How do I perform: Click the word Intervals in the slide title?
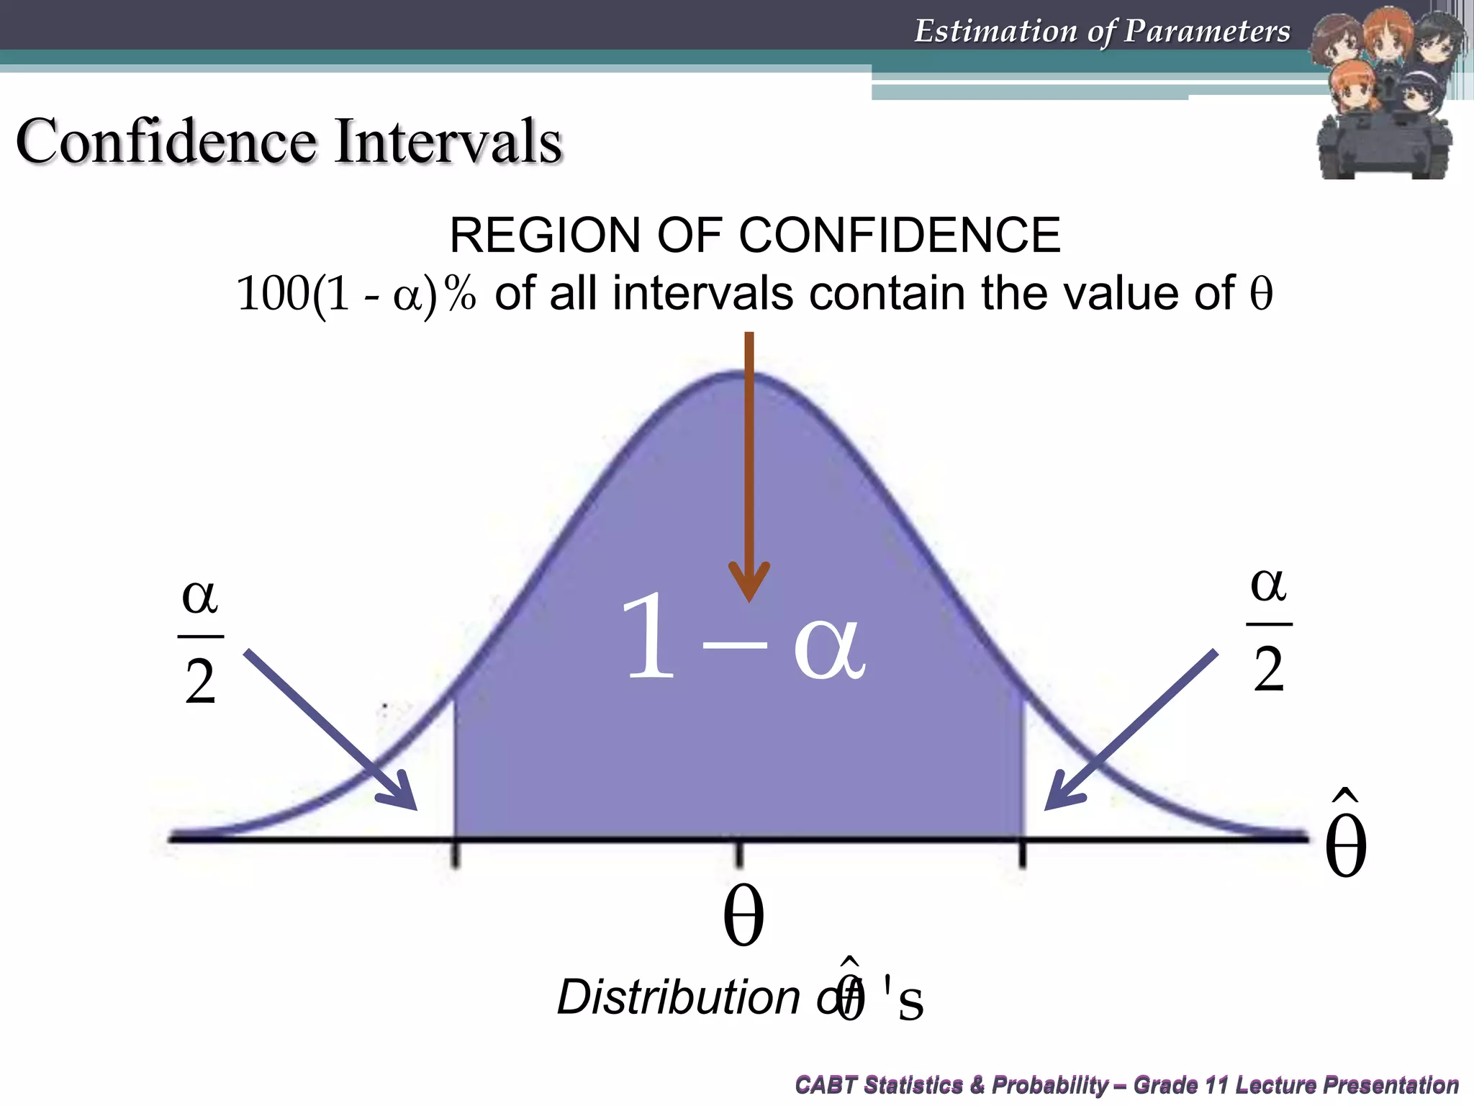click(448, 141)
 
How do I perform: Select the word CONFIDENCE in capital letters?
click(900, 235)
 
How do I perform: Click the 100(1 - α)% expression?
click(356, 294)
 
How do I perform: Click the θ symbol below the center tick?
click(743, 916)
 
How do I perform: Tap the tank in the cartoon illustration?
click(1383, 148)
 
